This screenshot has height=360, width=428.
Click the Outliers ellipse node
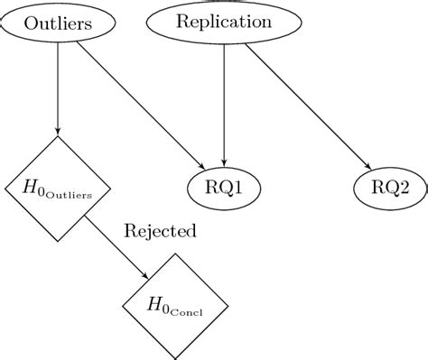[x=59, y=23]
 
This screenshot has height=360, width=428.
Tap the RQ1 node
[x=223, y=188]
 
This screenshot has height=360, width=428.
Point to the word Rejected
[x=160, y=231]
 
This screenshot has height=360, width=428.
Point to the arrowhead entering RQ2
[x=368, y=166]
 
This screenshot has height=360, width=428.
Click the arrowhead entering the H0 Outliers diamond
[x=59, y=132]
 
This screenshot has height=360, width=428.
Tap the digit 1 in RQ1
[x=239, y=188]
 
